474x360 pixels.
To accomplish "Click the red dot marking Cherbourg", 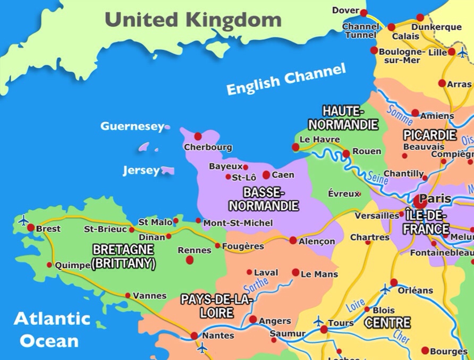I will point(198,136).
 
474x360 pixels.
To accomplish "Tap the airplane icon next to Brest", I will point(23,219).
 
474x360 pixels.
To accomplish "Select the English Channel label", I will point(286,79).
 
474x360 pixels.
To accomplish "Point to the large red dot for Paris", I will point(420,201).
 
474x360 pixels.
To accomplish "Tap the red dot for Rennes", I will point(190,260).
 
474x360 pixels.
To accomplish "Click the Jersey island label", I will point(141,170).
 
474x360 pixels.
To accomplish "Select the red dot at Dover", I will point(363,13).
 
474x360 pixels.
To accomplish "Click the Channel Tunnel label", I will point(361,31).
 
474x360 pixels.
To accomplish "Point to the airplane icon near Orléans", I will point(386,289).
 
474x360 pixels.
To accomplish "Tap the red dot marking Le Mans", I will point(295,272).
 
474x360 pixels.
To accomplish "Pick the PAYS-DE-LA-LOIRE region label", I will point(216,306).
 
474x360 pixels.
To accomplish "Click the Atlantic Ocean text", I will point(52,329).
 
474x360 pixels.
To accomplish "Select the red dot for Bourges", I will point(425,350).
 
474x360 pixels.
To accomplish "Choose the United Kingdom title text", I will point(193,20).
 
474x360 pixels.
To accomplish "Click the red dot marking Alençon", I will point(293,241).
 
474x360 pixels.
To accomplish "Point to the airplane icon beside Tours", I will point(318,321).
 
